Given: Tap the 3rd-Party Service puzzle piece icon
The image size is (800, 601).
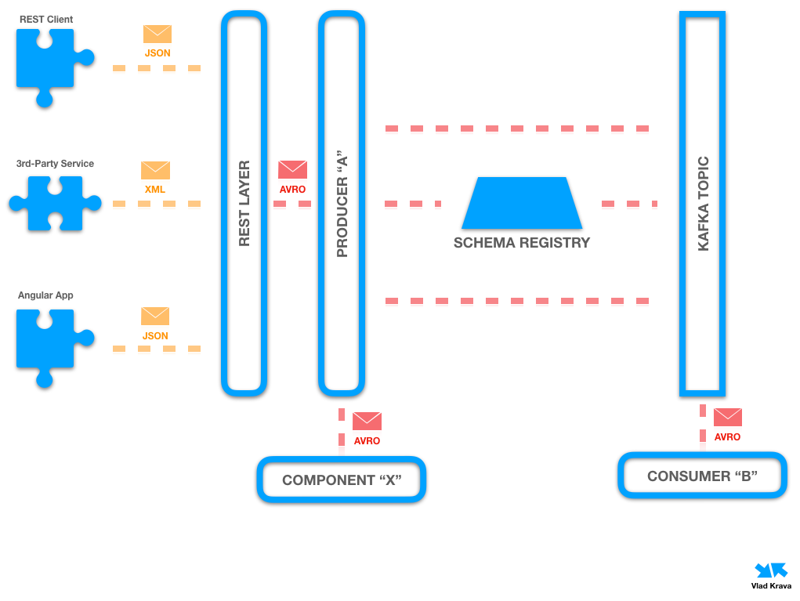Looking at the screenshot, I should [x=55, y=204].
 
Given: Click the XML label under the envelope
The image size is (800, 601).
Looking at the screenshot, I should [x=155, y=190].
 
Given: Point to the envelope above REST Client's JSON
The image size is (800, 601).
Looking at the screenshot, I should [x=157, y=34].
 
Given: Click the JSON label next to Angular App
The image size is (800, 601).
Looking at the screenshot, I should [x=155, y=335].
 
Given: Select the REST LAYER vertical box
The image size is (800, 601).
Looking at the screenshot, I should [x=244, y=204].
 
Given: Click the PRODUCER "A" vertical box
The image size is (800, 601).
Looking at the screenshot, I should [x=342, y=204].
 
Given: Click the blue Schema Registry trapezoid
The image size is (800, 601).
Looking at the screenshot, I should [x=522, y=203].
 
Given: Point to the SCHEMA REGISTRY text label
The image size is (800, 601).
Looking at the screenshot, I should [x=522, y=243].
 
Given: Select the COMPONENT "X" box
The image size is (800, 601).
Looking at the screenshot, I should [x=342, y=480].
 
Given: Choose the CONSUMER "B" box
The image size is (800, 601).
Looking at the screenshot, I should [x=702, y=476].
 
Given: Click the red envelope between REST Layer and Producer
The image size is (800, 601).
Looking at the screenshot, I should [x=293, y=169].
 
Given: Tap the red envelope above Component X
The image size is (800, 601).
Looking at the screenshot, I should [x=367, y=422].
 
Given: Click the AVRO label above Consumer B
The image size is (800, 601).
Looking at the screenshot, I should [x=727, y=437].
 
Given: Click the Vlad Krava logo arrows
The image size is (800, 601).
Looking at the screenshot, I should [x=770, y=570].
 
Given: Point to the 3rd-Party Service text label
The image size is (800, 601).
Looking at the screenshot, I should [x=55, y=164].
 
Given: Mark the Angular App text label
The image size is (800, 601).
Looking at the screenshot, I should [x=45, y=295].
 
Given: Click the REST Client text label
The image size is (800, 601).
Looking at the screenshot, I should [x=45, y=18].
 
